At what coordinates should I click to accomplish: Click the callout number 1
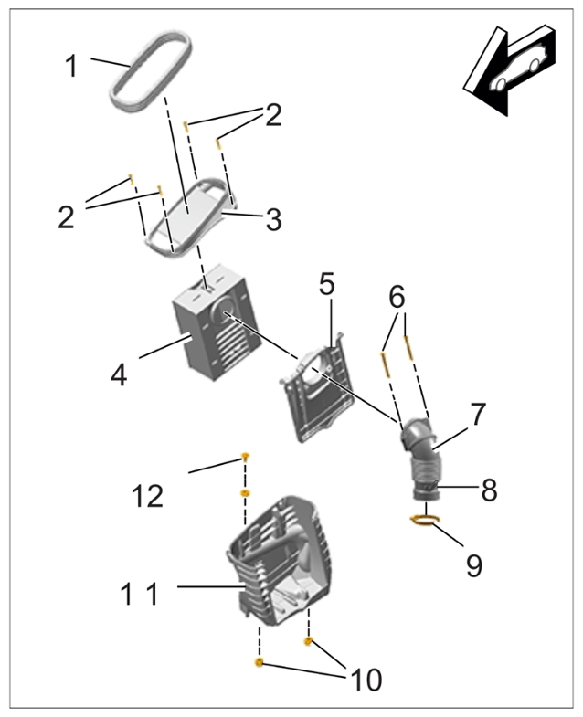[x=71, y=66]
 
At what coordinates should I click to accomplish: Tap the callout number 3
[x=273, y=220]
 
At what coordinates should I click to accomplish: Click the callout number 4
[x=120, y=376]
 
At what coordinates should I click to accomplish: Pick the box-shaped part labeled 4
[x=215, y=322]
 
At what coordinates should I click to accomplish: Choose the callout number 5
[x=327, y=284]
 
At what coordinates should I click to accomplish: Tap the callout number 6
[x=397, y=297]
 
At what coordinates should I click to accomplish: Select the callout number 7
[x=477, y=415]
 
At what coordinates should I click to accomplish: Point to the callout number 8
[x=489, y=490]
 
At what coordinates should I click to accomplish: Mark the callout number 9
[x=474, y=565]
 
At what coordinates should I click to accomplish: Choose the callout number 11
[x=140, y=594]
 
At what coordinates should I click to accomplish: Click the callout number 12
[x=147, y=496]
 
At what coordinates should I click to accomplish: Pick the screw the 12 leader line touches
[x=245, y=456]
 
